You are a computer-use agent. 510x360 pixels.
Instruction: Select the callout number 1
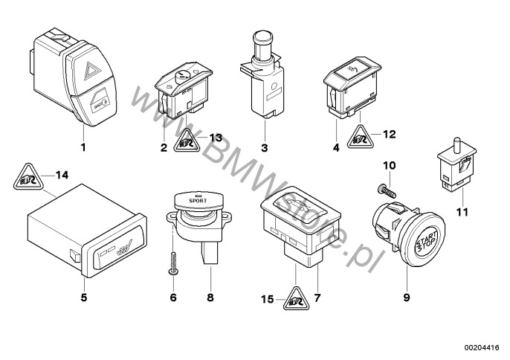83,147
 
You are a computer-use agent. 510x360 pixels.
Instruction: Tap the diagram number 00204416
482,347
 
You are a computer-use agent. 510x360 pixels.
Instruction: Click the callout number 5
83,298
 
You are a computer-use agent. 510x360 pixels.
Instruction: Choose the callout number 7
319,299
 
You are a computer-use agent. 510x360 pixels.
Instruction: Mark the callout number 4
337,147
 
